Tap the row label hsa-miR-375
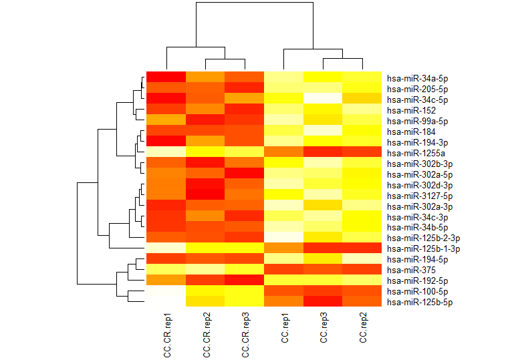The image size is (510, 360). pyautogui.click(x=405, y=270)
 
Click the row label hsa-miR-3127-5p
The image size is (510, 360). pyautogui.click(x=413, y=196)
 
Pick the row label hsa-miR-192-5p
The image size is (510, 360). pyautogui.click(x=410, y=281)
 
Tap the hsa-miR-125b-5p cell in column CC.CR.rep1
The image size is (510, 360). pyautogui.click(x=166, y=301)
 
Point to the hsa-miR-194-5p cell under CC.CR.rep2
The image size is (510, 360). pyautogui.click(x=205, y=258)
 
